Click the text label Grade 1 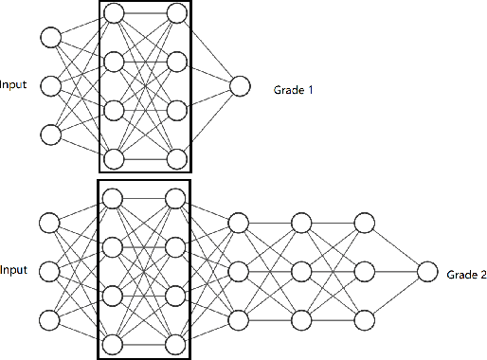293,90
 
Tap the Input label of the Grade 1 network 13,85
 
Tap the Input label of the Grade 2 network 13,271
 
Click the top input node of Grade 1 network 50,38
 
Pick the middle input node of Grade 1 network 50,86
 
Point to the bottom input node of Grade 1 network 50,135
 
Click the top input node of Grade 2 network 50,224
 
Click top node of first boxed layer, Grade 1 114,13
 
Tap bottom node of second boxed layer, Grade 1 175,157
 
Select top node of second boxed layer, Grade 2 175,199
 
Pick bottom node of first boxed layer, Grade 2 114,343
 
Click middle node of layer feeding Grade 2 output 364,272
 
